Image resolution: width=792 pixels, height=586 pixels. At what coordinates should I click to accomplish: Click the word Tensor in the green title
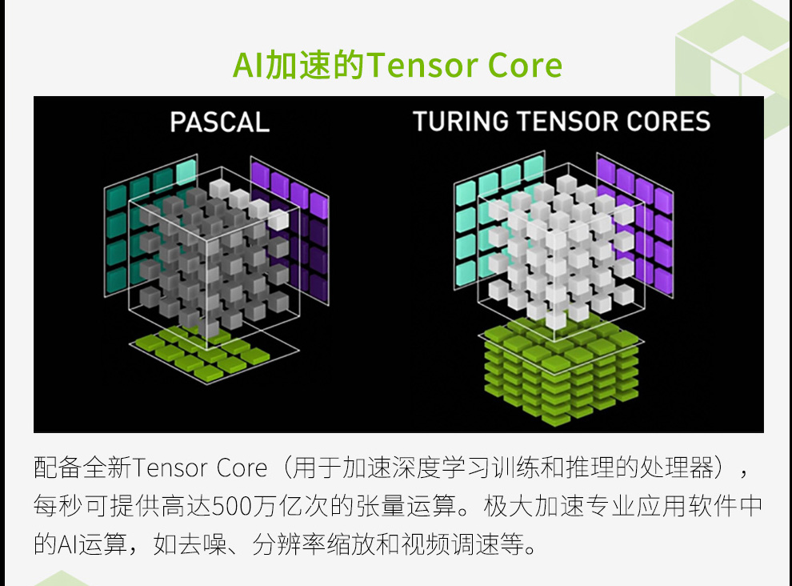(x=422, y=65)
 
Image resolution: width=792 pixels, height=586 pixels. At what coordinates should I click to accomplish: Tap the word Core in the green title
(x=526, y=65)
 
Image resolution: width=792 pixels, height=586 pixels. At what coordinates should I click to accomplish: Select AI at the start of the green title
(x=248, y=65)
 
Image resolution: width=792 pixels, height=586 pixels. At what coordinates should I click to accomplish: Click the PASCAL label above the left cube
(x=220, y=122)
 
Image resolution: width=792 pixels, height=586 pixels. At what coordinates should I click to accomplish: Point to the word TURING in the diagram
(x=461, y=122)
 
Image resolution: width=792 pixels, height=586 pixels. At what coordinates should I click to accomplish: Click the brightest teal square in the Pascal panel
(x=186, y=172)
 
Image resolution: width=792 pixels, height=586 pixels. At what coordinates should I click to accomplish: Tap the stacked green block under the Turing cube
(x=561, y=371)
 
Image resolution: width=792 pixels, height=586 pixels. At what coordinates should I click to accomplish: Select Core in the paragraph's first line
(x=242, y=468)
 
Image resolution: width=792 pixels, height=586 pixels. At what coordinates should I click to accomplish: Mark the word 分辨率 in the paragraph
(x=289, y=545)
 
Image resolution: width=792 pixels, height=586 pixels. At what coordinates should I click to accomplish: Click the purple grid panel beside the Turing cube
(x=635, y=225)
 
